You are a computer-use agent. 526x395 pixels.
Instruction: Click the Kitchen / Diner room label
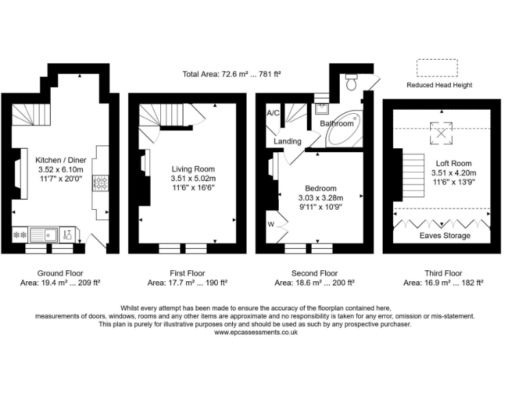(x=61, y=160)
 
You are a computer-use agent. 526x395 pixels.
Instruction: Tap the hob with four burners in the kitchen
(x=101, y=183)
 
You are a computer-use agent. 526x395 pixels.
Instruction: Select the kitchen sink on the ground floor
(x=44, y=235)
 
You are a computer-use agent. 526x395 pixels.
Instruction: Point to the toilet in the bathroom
(x=351, y=82)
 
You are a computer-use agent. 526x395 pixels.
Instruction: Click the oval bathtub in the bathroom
(x=343, y=129)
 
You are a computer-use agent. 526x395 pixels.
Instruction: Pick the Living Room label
(x=193, y=169)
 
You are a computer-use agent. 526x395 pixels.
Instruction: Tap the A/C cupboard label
(x=273, y=113)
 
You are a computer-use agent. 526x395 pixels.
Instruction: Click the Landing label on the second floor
(x=288, y=141)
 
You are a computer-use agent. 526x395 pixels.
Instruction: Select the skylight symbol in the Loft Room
(x=441, y=133)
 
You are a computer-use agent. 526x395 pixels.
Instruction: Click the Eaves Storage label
(x=444, y=235)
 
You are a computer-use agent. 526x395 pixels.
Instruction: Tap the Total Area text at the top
(x=231, y=74)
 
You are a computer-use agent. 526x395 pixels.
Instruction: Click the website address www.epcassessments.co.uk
(x=256, y=332)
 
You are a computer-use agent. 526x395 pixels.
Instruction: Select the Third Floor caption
(x=444, y=273)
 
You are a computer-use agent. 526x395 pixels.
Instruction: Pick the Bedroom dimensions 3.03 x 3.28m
(x=321, y=197)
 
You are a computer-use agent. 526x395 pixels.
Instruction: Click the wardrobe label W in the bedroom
(x=271, y=224)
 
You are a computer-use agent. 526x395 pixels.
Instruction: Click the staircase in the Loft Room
(x=413, y=176)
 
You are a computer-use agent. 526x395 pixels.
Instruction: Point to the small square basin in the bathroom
(x=322, y=108)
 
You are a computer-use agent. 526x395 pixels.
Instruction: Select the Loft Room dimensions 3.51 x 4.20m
(x=454, y=173)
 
